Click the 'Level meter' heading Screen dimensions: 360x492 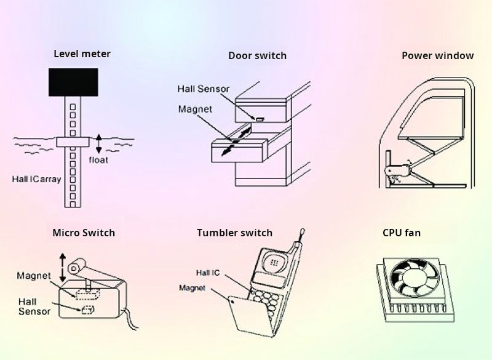pos(82,54)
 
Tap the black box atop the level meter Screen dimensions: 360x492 pos(73,81)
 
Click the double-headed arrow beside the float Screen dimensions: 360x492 pos(98,143)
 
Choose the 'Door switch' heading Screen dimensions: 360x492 pos(257,56)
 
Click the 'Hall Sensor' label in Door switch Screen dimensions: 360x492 pos(203,89)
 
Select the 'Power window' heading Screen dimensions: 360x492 pos(437,55)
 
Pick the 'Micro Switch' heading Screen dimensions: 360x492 pos(84,233)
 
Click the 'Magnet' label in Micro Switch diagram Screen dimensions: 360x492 pos(34,276)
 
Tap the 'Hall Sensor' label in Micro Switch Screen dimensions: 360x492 pos(34,306)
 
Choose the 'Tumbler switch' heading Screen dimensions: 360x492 pos(234,233)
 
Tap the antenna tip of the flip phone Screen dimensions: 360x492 pos(301,232)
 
